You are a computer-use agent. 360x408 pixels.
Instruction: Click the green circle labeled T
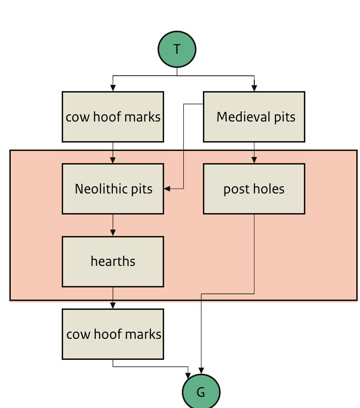tap(177, 49)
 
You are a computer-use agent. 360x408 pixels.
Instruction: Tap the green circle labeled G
tap(201, 392)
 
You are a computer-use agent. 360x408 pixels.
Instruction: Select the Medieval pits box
tap(254, 117)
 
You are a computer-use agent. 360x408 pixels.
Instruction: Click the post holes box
tap(254, 189)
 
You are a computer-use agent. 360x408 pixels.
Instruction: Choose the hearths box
tap(113, 261)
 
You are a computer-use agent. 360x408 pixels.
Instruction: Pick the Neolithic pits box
tap(113, 189)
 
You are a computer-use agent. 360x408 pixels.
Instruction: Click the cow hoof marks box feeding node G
tap(113, 334)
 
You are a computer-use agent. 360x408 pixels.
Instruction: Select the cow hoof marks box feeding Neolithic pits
tap(113, 117)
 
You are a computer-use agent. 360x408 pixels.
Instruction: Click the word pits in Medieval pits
tap(285, 117)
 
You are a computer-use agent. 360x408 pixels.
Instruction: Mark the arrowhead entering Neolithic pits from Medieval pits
tap(167, 189)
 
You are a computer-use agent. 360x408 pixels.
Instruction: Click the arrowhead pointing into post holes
tap(254, 160)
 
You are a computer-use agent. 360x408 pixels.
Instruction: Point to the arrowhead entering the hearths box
tap(113, 233)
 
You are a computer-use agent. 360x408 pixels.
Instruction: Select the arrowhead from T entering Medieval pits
tap(254, 88)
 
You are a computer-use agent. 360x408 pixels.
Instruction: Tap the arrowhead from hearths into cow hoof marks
tap(113, 305)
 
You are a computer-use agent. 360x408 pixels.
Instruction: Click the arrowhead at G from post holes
tap(201, 371)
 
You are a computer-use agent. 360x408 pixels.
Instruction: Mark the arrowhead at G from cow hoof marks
tap(188, 375)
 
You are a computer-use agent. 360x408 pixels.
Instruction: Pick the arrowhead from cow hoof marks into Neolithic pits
tap(113, 160)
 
